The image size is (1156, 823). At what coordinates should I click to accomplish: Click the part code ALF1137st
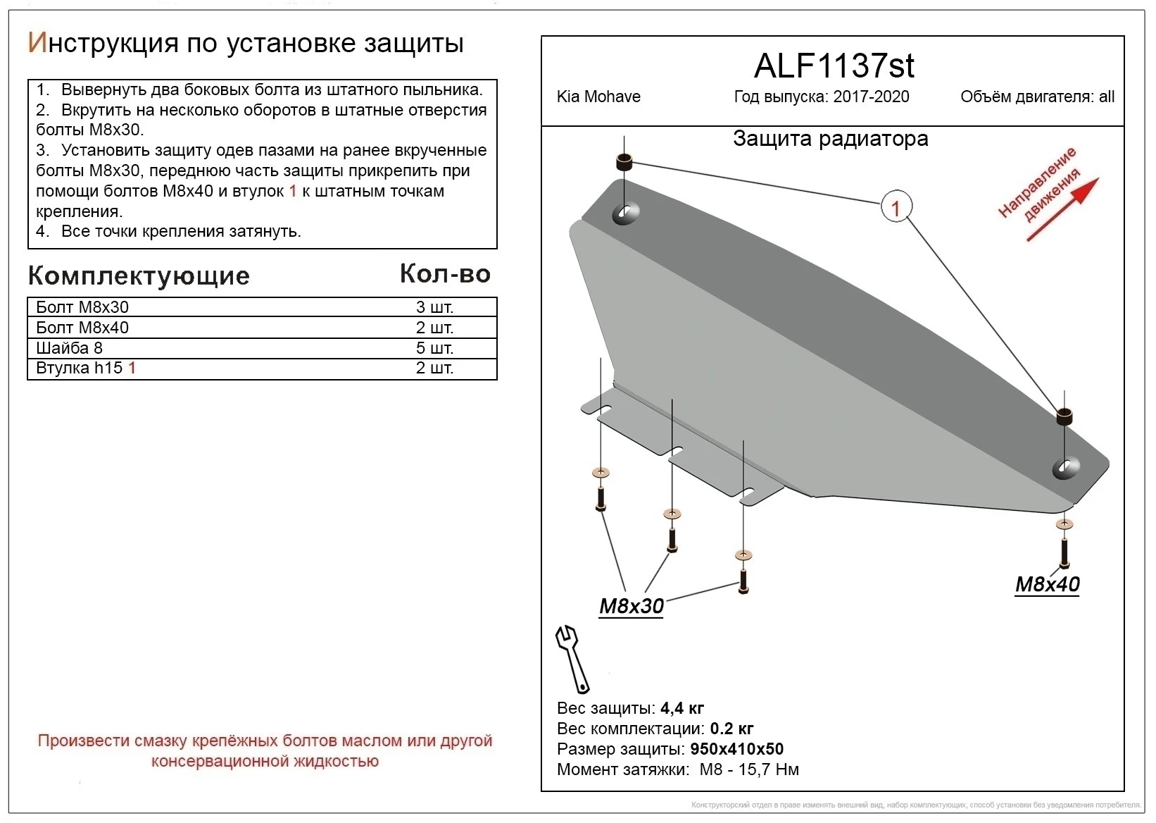pos(834,66)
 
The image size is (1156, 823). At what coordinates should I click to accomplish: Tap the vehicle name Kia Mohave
pos(598,97)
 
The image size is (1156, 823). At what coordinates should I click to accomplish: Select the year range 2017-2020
pos(872,97)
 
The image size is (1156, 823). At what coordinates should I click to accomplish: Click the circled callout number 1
pos(896,208)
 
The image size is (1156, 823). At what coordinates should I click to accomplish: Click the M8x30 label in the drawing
pos(631,606)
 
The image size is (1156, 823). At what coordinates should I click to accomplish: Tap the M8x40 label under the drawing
pos(1047,584)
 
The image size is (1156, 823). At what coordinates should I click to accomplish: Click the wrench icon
pos(573,658)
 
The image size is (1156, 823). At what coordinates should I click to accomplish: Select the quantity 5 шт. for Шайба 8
pos(434,348)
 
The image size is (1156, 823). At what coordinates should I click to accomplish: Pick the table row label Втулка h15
pos(80,368)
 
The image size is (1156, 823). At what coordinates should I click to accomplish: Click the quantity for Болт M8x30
pos(434,307)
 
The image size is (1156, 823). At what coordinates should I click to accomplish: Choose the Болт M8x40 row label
pos(82,328)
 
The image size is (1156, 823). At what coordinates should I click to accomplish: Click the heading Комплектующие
pos(139,276)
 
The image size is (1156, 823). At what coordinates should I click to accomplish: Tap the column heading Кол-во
pos(445,274)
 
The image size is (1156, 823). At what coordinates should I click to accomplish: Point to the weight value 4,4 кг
pos(682,708)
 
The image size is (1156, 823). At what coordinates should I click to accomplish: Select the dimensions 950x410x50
pos(737,749)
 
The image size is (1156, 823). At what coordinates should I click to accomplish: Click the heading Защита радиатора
pos(831,139)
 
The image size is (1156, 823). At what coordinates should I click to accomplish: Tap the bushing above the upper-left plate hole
pos(624,161)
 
